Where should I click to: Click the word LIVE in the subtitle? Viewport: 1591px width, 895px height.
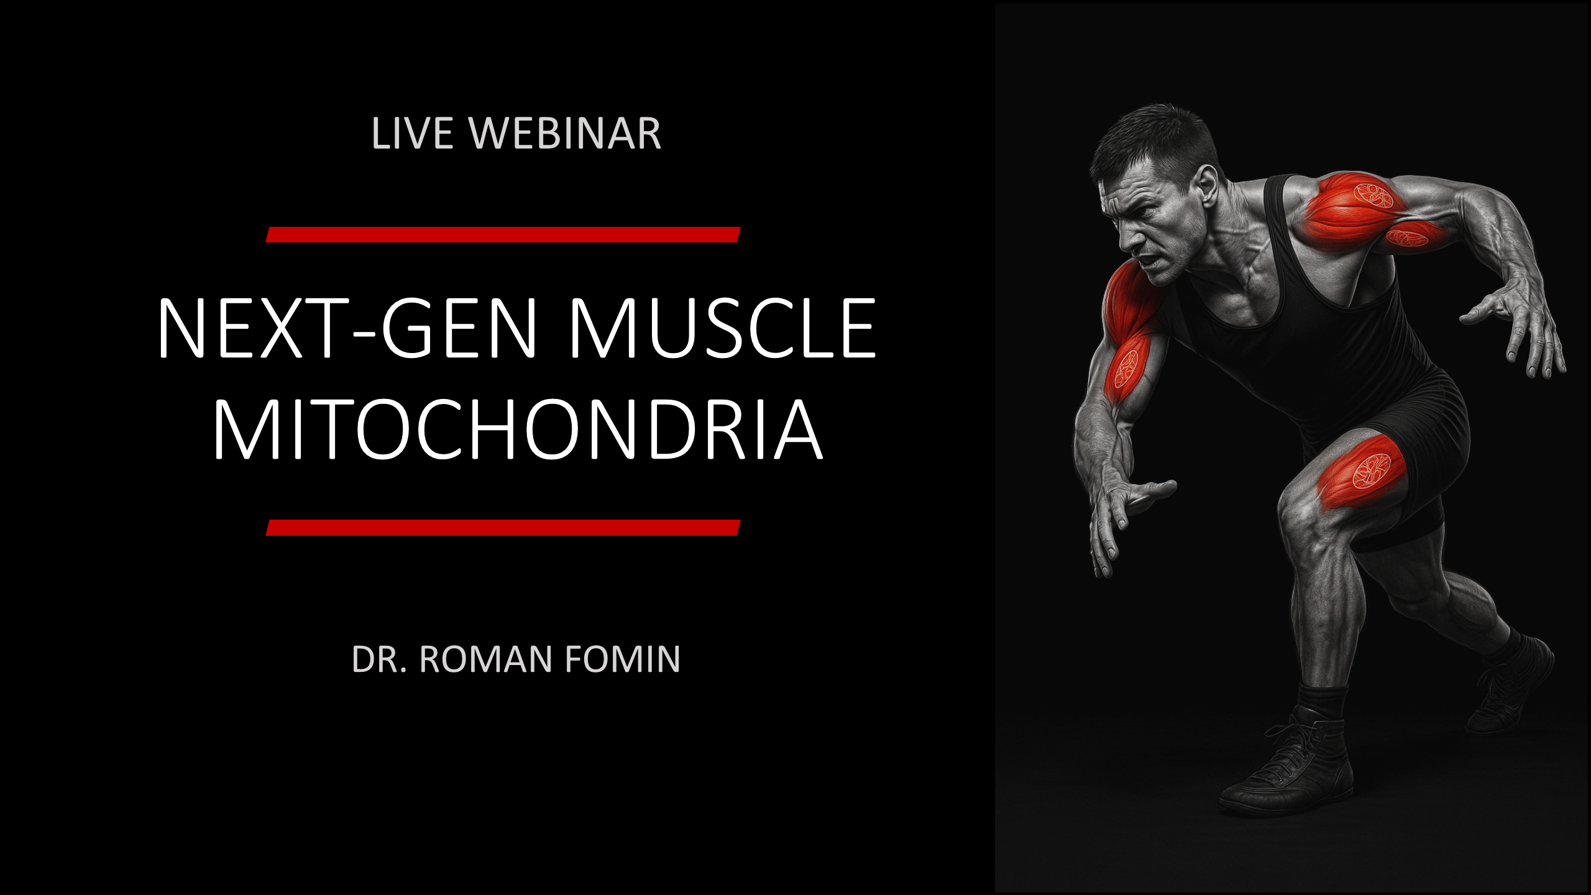pos(412,134)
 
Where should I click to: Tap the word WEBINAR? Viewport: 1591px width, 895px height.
pos(565,134)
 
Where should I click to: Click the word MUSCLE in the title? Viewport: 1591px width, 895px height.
pos(722,328)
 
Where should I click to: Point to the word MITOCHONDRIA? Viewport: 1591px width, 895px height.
pos(518,429)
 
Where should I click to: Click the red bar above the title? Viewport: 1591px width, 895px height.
pos(503,234)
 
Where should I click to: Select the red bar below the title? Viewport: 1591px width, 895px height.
pos(503,528)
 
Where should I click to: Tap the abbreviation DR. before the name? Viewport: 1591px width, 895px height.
pos(379,659)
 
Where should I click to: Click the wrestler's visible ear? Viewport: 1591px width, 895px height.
pos(1206,186)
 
